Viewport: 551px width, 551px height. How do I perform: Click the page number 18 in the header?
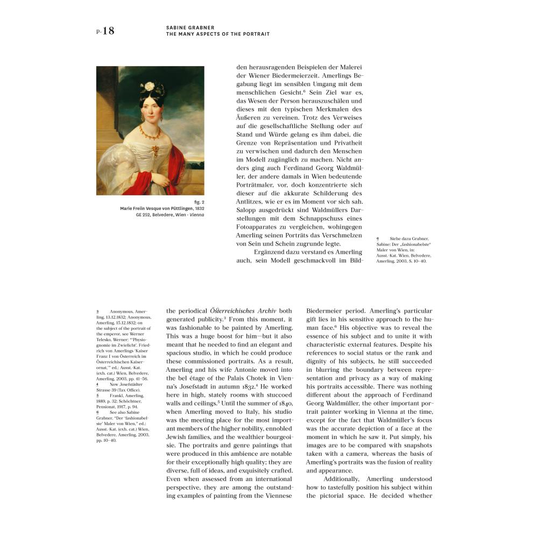[x=108, y=31]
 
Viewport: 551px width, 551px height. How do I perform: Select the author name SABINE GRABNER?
[x=189, y=27]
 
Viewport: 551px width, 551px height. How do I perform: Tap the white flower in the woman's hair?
[x=147, y=87]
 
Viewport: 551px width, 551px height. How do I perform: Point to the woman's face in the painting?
[x=150, y=111]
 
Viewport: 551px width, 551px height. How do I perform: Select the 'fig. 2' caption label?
[x=199, y=202]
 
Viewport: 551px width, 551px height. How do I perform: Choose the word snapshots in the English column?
[x=414, y=446]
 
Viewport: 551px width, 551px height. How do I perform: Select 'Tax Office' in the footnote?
[x=128, y=390]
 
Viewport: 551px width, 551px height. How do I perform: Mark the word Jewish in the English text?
[x=178, y=437]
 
